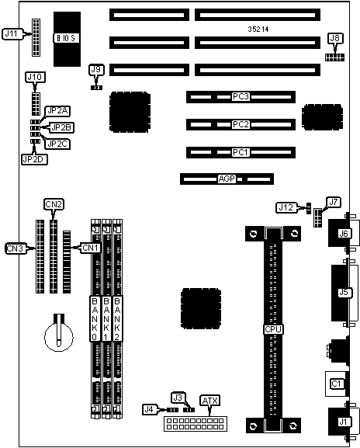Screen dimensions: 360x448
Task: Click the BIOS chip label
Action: tap(66, 38)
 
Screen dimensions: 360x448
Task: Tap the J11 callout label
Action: tap(12, 33)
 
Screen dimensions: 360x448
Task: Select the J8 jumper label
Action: tap(335, 38)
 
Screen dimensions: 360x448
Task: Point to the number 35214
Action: tap(258, 30)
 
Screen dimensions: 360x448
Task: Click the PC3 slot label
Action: tap(241, 96)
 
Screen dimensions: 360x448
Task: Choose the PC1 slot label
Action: tap(241, 152)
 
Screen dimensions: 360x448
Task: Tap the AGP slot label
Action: tap(227, 179)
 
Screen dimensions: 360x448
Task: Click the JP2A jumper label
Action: tap(58, 110)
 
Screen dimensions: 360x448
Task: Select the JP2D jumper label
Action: tap(35, 159)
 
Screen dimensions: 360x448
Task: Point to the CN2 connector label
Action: tap(54, 204)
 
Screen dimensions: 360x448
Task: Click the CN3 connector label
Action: tap(15, 248)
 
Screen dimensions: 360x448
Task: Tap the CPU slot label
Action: tap(273, 329)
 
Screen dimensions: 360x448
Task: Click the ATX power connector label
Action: tap(210, 401)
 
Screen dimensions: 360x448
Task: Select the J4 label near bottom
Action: tap(149, 409)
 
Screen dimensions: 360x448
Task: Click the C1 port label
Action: tap(337, 384)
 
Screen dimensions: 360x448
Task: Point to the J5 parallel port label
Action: tap(344, 292)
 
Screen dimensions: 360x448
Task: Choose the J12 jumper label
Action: tap(286, 207)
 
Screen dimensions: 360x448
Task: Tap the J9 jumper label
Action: tap(96, 69)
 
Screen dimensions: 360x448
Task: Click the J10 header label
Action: tap(35, 77)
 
